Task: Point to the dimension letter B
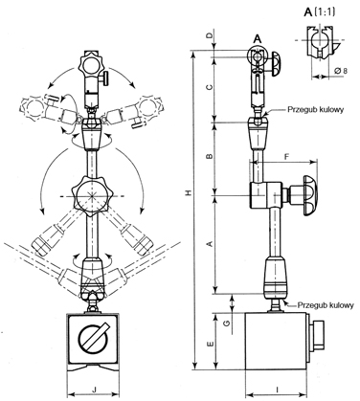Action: pyautogui.click(x=209, y=155)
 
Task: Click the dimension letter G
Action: pyautogui.click(x=225, y=323)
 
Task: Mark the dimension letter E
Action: pyautogui.click(x=209, y=343)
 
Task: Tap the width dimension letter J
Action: pyautogui.click(x=93, y=388)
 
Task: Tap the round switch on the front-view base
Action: pyautogui.click(x=93, y=339)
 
